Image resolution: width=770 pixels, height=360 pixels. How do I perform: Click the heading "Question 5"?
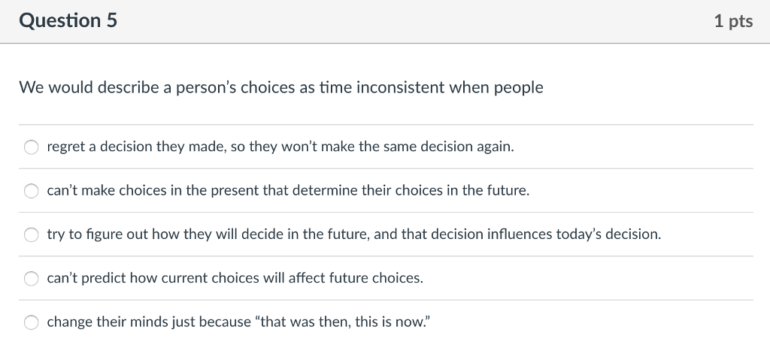[68, 21]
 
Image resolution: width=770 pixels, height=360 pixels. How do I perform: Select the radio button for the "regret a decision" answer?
[32, 147]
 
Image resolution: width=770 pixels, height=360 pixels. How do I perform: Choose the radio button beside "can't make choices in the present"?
[32, 191]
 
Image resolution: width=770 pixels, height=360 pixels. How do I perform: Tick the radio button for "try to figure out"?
[32, 234]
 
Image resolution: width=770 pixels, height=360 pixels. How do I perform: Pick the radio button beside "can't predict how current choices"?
[32, 278]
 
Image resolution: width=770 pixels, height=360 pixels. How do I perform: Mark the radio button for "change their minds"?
[32, 322]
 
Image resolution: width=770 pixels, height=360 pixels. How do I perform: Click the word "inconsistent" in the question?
[402, 88]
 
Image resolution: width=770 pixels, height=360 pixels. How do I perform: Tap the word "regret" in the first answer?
[65, 147]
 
